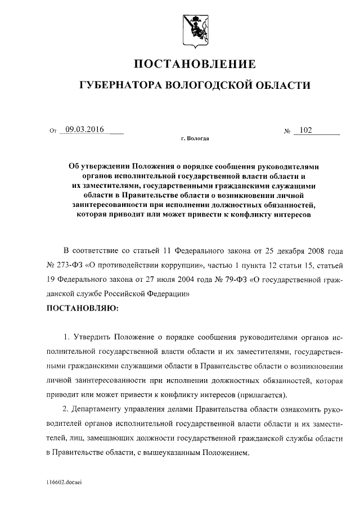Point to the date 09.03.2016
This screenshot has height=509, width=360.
coord(85,130)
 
